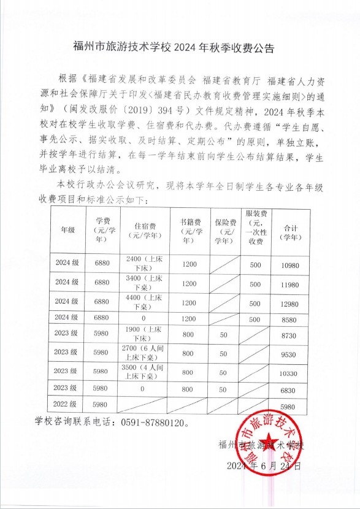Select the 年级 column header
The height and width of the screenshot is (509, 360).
(x=67, y=230)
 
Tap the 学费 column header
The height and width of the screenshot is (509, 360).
(x=102, y=230)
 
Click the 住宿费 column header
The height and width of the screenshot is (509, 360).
(x=144, y=231)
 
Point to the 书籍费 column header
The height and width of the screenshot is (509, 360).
(x=189, y=230)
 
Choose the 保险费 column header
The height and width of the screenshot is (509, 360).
(x=223, y=231)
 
